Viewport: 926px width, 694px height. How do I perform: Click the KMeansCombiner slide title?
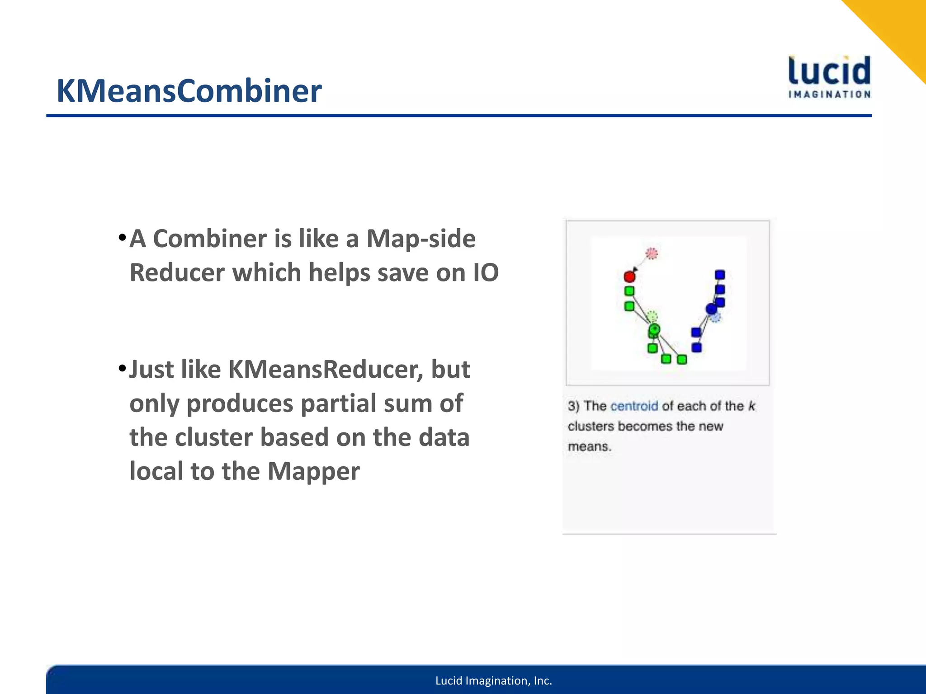[189, 91]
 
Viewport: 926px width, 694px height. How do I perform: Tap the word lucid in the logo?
[829, 71]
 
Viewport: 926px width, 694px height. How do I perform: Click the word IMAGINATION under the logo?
[829, 94]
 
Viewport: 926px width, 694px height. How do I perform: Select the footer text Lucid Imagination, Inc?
[493, 681]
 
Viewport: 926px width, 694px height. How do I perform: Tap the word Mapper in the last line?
[313, 471]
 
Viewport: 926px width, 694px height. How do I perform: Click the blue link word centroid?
[634, 406]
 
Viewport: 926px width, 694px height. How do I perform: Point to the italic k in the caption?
[751, 406]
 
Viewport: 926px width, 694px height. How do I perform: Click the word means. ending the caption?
[590, 447]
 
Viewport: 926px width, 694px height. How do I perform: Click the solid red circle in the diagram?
[629, 277]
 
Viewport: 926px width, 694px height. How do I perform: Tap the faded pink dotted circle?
[652, 253]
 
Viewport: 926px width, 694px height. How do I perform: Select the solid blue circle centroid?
[711, 309]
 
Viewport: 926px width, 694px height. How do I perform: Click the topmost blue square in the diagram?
[720, 275]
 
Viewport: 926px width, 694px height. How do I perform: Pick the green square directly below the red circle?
[629, 291]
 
